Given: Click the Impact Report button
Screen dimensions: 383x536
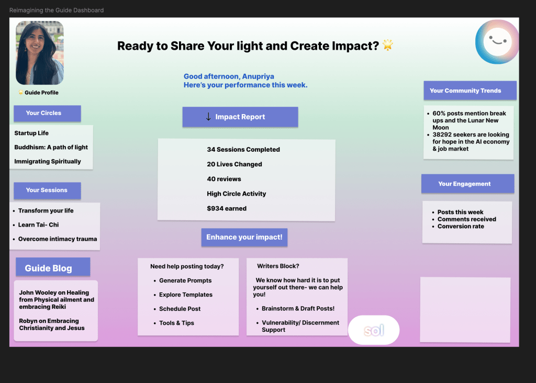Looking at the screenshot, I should point(240,117).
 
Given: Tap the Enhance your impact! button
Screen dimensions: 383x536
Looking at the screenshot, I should point(244,237).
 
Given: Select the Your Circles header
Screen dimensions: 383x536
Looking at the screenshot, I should point(47,113).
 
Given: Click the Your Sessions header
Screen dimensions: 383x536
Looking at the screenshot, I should point(47,190).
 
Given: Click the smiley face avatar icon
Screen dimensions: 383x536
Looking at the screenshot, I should point(497,42).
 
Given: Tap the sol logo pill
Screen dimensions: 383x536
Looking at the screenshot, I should point(374,330).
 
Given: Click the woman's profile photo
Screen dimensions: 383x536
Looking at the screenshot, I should point(40,52).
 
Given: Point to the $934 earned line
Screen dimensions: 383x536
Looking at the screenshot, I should point(227,208).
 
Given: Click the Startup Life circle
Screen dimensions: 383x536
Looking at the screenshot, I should point(31,133).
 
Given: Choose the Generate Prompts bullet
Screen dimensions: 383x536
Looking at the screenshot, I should point(185,280).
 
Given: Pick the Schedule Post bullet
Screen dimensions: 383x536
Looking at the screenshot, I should point(180,309).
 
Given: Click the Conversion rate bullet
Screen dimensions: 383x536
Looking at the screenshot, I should point(461,227).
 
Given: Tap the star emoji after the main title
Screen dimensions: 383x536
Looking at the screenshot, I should point(388,46).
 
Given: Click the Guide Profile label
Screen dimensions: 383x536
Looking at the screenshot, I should point(41,93).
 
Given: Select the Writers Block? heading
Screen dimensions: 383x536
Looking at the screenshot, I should point(278,266).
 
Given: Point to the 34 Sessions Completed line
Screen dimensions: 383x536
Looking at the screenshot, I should point(243,150).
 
